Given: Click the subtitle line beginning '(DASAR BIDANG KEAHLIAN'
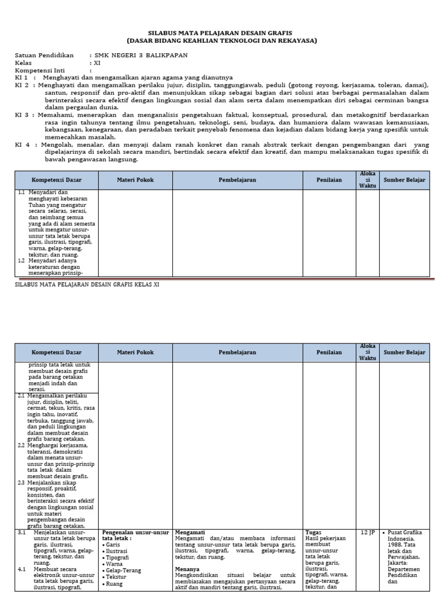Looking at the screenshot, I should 222,41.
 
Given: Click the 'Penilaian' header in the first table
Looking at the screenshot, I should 329,180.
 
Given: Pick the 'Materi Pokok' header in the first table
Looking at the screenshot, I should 135,180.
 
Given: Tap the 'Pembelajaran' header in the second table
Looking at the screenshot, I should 237,352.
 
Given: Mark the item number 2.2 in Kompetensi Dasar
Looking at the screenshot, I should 21,445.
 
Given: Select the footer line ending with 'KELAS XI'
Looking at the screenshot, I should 86,284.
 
